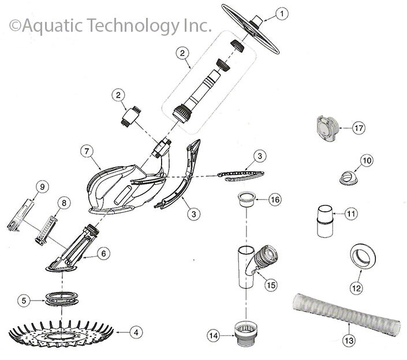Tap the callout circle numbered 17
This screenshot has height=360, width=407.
pyautogui.click(x=359, y=128)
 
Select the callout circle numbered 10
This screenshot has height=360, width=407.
pyautogui.click(x=367, y=160)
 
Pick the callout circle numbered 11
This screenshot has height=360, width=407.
pyautogui.click(x=350, y=213)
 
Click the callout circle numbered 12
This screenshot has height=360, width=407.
pyautogui.click(x=356, y=288)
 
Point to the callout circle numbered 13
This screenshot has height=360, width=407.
pyautogui.click(x=349, y=340)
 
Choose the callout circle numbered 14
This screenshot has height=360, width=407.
pyautogui.click(x=214, y=336)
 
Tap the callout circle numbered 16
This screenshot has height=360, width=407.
pyautogui.click(x=275, y=200)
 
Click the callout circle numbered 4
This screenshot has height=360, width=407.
pyautogui.click(x=136, y=332)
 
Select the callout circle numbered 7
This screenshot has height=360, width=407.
pyautogui.click(x=87, y=151)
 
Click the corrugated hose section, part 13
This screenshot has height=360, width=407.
pyautogui.click(x=346, y=314)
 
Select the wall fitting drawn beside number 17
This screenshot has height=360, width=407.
pyautogui.click(x=328, y=128)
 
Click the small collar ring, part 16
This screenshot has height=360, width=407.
pyautogui.click(x=246, y=200)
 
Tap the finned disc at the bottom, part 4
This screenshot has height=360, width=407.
pyautogui.click(x=61, y=335)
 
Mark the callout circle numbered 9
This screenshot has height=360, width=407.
pyautogui.click(x=42, y=187)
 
